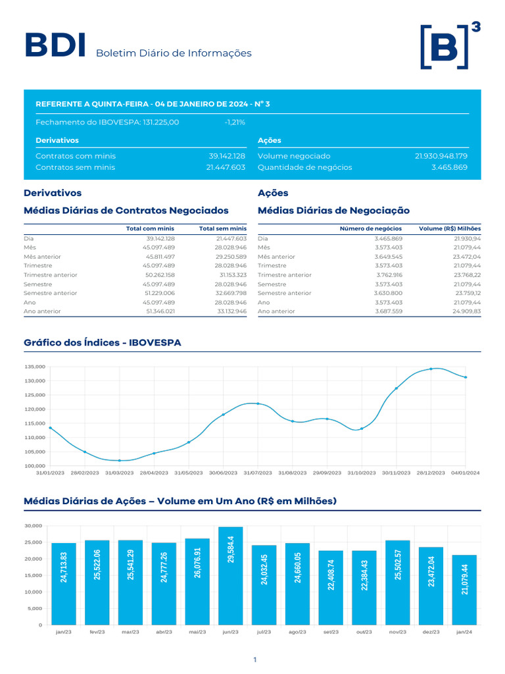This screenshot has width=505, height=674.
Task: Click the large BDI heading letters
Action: coord(55,46)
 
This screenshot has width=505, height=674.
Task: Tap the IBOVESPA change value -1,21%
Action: coord(234,122)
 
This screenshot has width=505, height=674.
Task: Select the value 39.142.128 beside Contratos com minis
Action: coord(226,156)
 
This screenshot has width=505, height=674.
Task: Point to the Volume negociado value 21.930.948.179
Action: coord(441,156)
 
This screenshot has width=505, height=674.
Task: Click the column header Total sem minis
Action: coord(222,228)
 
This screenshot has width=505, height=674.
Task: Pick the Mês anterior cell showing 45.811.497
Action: coord(158,257)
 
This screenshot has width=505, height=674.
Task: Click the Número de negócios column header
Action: coord(362,228)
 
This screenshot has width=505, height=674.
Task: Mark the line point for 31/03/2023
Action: coord(120,460)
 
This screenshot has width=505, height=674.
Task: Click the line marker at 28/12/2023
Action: coord(431,369)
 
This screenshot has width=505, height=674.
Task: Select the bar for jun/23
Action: coord(230,575)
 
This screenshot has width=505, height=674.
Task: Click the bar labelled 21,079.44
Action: coord(464,590)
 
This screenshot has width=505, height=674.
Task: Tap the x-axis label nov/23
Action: coord(397,632)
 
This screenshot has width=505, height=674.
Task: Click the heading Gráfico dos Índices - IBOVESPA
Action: coord(103,343)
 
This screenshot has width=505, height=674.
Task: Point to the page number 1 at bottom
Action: coord(254,659)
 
